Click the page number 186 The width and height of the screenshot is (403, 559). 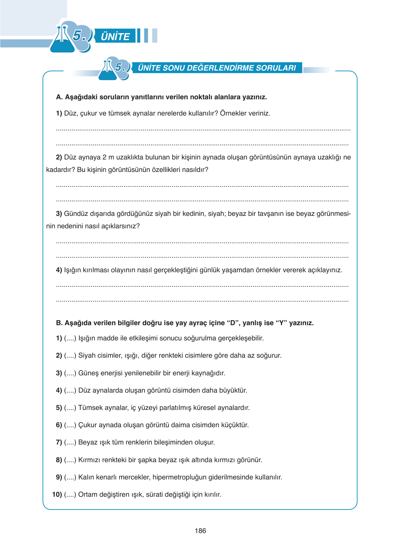pos(200,531)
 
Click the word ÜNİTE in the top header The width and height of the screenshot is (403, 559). pos(115,36)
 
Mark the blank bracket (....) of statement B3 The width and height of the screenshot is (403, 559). pos(70,373)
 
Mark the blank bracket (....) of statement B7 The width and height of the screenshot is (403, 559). pos(70,442)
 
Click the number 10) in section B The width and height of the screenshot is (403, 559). pos(57,495)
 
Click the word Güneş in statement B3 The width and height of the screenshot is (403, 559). pos(88,373)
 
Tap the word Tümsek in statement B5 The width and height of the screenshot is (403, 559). pos(89,408)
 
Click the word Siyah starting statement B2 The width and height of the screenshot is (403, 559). pos(87,356)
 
